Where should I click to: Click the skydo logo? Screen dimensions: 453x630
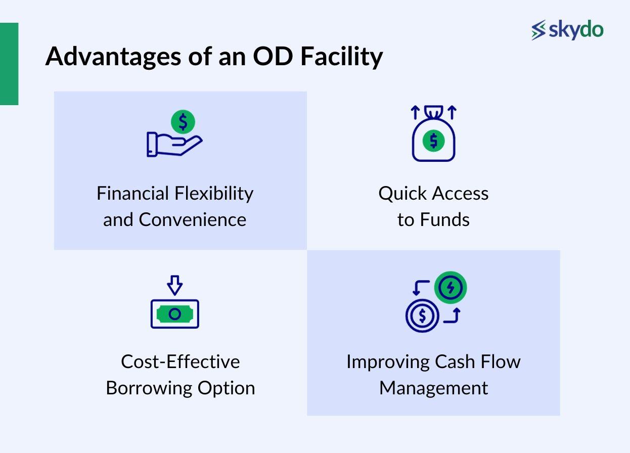(567, 30)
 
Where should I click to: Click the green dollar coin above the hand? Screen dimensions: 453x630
(183, 122)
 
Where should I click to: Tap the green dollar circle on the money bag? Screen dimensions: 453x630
(433, 141)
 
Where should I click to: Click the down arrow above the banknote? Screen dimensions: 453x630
(174, 285)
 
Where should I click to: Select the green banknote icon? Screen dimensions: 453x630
(174, 314)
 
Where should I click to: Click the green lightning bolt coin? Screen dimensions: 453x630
(450, 288)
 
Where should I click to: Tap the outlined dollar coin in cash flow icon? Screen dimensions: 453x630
(422, 316)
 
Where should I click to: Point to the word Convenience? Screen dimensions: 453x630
(193, 220)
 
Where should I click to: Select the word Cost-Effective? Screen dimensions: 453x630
(181, 362)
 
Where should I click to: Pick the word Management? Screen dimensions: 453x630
(433, 388)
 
